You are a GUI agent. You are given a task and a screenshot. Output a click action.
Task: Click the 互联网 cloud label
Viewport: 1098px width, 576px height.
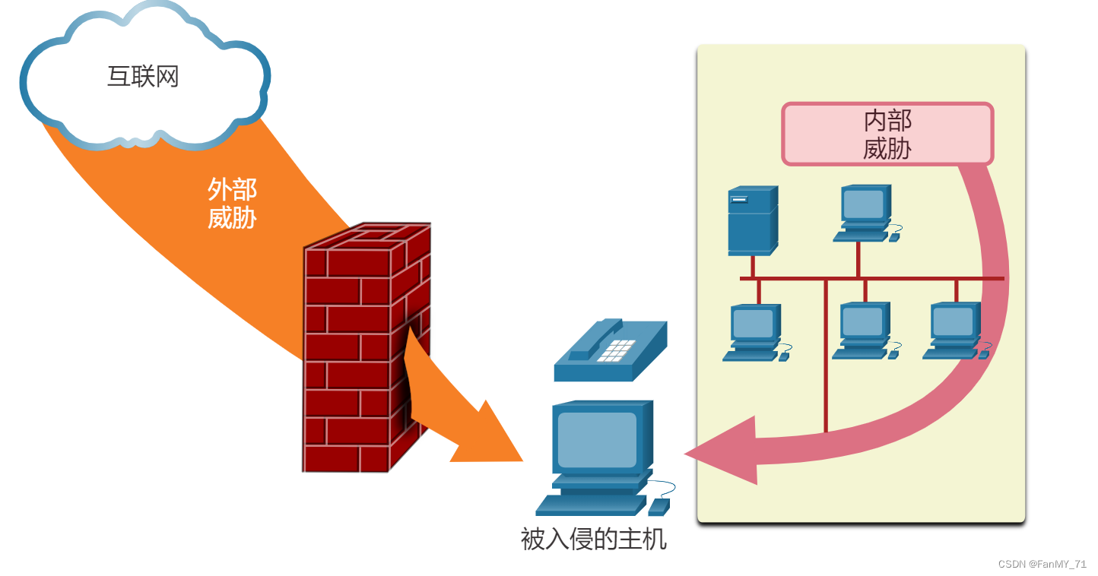[143, 77]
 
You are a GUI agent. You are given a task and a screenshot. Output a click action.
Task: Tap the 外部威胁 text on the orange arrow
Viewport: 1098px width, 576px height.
[232, 204]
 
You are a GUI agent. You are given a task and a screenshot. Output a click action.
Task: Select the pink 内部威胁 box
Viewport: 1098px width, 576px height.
[887, 134]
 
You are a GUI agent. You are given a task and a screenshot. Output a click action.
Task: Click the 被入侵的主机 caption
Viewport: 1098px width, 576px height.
[594, 539]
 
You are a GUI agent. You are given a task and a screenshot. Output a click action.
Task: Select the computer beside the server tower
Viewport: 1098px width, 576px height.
[865, 213]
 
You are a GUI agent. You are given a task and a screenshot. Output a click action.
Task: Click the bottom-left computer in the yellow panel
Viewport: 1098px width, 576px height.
[754, 331]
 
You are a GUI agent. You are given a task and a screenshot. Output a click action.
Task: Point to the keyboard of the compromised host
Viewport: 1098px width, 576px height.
[591, 505]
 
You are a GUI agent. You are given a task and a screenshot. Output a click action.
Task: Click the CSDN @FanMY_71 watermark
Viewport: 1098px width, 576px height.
[1042, 564]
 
